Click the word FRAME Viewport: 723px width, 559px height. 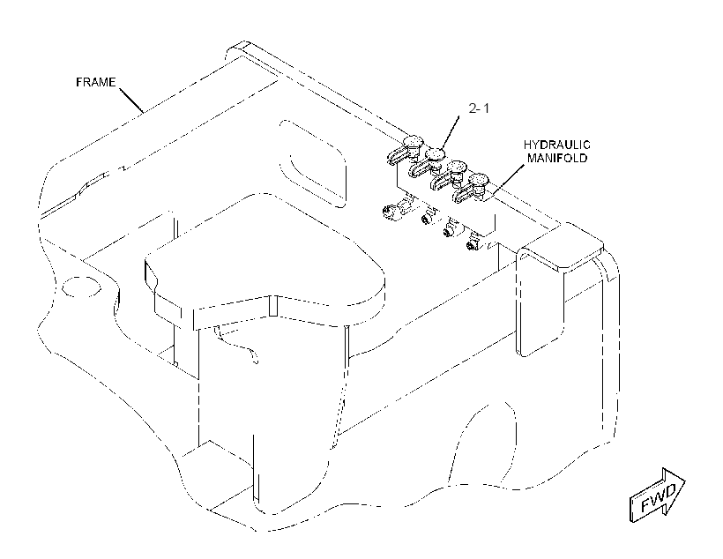(95, 82)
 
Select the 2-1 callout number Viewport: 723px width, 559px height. (479, 108)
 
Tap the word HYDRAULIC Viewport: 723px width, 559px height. (556, 145)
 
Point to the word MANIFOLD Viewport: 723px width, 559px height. (557, 158)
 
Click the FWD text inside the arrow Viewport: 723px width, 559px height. (658, 497)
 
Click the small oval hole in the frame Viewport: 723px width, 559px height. (82, 287)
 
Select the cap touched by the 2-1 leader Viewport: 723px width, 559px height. (436, 153)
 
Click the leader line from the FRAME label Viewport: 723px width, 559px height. (131, 100)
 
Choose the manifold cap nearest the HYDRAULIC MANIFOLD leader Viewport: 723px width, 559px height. (478, 179)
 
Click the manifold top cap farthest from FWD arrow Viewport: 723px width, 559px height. (414, 141)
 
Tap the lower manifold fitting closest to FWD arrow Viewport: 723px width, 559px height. (473, 242)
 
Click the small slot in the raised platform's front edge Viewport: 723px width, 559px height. (273, 306)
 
